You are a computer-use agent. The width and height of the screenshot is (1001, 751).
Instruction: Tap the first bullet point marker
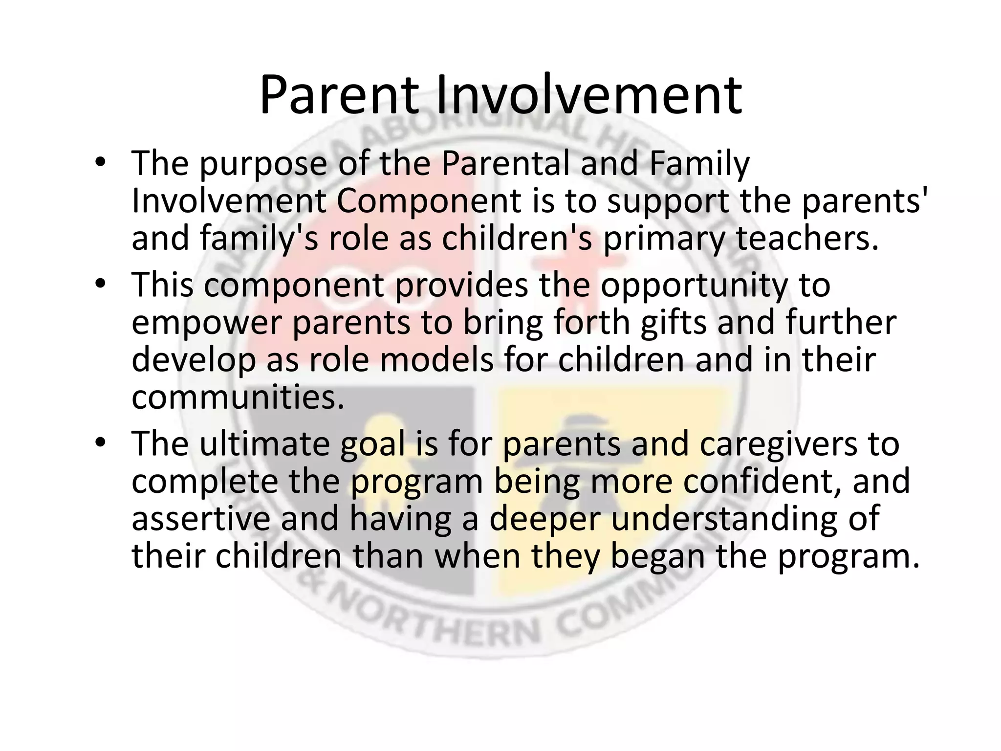100,163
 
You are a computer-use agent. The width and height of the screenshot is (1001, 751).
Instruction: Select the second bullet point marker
100,285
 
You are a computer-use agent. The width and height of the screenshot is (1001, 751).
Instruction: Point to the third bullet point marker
100,443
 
